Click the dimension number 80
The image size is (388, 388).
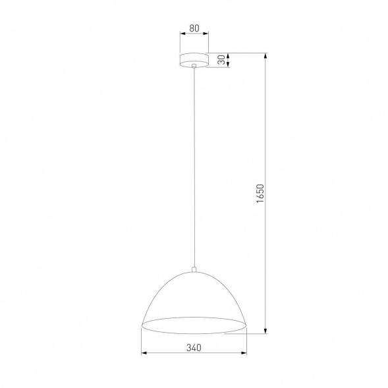click(x=194, y=28)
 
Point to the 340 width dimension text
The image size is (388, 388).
click(x=194, y=347)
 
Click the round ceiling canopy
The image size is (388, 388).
click(x=193, y=59)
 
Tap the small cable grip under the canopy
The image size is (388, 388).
click(x=193, y=67)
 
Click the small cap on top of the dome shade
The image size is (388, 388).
click(x=194, y=268)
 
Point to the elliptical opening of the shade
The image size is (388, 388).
click(x=194, y=324)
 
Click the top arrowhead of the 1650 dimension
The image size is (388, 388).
click(x=266, y=55)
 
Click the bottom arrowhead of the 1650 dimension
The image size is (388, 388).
click(x=266, y=331)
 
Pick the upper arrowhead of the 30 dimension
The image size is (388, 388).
click(x=227, y=55)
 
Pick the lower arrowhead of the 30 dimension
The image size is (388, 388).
click(x=227, y=64)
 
